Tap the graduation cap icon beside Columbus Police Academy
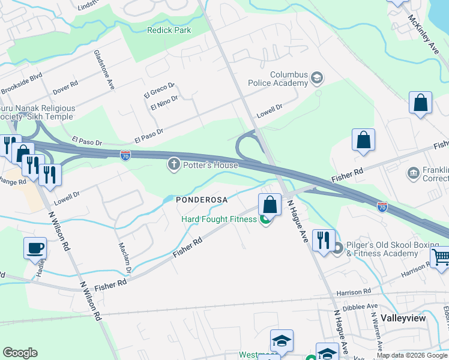pos(316,78)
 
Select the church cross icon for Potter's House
pos(174,165)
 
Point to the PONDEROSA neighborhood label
pos(200,200)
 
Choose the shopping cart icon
pos(441,257)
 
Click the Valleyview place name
pos(403,318)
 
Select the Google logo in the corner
pos(20,353)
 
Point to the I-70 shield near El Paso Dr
pos(125,156)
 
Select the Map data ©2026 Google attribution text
pos(411,355)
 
